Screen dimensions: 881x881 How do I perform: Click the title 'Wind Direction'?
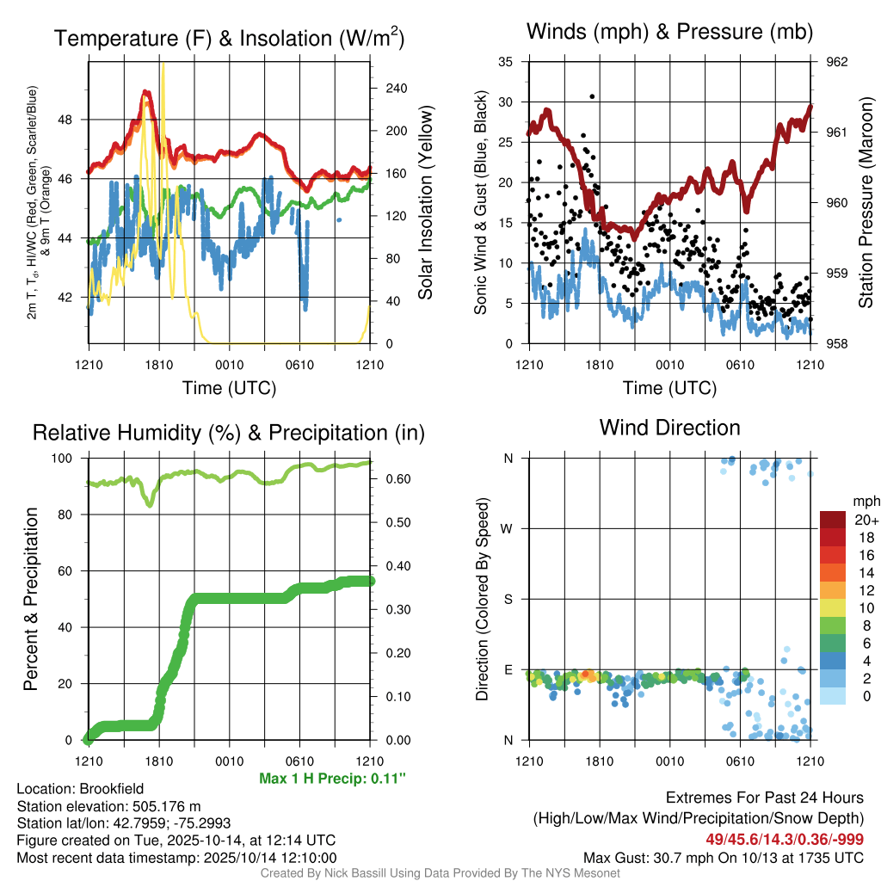[669, 428]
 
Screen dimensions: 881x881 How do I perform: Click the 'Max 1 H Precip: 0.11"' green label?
[332, 779]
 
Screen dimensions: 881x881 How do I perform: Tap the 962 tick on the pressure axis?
[837, 62]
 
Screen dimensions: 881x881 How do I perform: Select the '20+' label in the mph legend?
[865, 521]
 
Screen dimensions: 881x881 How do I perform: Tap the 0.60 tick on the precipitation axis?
[393, 479]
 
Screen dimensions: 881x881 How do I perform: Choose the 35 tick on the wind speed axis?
[506, 62]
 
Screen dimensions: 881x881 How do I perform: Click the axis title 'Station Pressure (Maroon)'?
[866, 203]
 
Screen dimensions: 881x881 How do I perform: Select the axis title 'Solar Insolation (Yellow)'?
[425, 203]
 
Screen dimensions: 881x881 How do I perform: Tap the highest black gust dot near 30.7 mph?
[592, 96]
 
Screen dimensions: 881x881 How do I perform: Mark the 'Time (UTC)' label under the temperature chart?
[230, 388]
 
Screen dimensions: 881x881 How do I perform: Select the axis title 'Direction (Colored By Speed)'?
[483, 599]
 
